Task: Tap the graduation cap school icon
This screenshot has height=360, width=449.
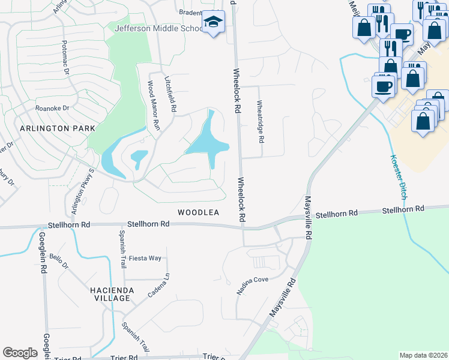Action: tap(212, 22)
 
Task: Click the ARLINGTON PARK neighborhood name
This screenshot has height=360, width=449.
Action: tap(49, 129)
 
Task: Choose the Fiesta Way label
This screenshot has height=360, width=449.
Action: tap(146, 258)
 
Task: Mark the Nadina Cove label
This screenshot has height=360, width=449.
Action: tap(252, 285)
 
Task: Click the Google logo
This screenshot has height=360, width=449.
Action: tap(20, 353)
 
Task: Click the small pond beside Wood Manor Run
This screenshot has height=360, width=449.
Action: tap(138, 157)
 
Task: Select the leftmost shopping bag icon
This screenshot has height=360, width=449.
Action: tap(364, 28)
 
